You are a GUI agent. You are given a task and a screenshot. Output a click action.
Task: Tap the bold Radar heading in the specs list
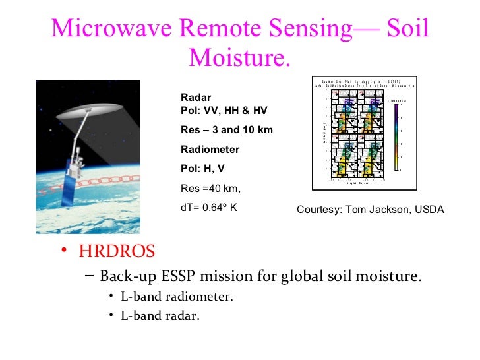coord(196,98)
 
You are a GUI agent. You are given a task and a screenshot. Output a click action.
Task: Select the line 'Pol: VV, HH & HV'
coord(224,110)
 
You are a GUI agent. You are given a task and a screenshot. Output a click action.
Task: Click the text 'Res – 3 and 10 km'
coord(226,130)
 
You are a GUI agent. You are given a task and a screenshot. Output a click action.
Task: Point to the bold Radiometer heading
coord(210,149)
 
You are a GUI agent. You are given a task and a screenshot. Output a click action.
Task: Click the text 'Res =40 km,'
coord(211,189)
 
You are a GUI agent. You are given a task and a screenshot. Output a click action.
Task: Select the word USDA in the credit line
coord(429,210)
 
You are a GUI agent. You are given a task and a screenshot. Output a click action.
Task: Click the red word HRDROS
coord(117,251)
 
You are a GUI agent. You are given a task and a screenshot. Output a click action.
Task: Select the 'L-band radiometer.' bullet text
coord(177,296)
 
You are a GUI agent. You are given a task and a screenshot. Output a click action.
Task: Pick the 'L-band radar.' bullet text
coord(160,316)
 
